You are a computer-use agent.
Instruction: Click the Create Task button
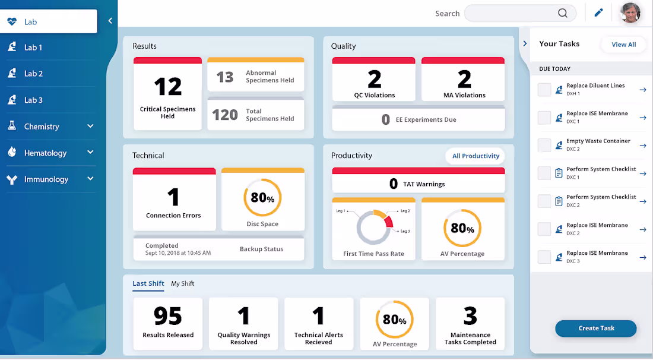[595, 329]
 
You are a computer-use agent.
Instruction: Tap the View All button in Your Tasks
[623, 45]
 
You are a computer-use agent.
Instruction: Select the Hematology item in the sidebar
[45, 153]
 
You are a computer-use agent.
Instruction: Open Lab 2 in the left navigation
[33, 74]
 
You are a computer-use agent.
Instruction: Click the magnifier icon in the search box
[562, 14]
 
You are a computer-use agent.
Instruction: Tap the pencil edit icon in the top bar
[598, 13]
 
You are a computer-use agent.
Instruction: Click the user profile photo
[630, 13]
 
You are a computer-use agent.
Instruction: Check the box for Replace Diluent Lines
[544, 90]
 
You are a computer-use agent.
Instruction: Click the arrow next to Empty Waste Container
[642, 146]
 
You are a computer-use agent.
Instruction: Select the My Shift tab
[182, 283]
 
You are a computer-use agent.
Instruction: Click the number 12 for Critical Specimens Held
[167, 87]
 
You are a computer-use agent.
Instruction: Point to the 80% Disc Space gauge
[262, 198]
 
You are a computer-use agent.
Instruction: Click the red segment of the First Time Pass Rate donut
[388, 222]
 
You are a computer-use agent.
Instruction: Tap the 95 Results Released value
[167, 316]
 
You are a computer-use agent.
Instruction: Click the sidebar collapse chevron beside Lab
[110, 21]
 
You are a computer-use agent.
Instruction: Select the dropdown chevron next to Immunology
[90, 179]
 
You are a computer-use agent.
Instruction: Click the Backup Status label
[261, 249]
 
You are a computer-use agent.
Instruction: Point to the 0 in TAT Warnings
[393, 184]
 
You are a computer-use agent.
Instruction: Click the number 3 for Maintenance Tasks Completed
[470, 316]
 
